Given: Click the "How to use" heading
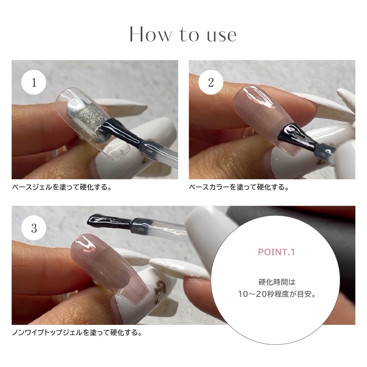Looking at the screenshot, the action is (183, 35).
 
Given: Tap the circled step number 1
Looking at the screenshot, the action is (34, 82).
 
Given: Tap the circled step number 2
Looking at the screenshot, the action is (211, 82).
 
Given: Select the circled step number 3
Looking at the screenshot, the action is (34, 228).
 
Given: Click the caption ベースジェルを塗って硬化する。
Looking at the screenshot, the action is (62, 187).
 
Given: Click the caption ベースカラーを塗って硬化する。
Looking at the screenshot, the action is (239, 187).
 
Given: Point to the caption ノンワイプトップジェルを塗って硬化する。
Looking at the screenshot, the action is (77, 333).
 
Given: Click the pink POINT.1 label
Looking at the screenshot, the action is (276, 252).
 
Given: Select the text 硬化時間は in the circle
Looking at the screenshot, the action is (277, 282).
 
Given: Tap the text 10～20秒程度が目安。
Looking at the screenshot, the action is (277, 294).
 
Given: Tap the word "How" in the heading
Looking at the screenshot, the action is (150, 35).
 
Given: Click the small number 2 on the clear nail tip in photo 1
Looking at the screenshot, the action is (121, 153).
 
